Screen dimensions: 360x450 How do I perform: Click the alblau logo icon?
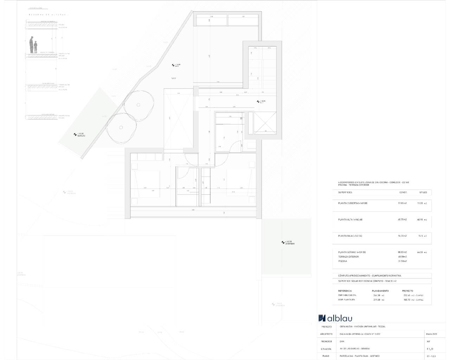click(x=322, y=318)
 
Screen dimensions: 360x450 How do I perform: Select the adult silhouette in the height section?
click(x=31, y=45)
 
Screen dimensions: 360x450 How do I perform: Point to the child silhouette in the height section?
click(x=36, y=47)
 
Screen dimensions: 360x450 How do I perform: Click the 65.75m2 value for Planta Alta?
click(x=402, y=219)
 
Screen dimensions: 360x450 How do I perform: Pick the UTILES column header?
click(x=423, y=192)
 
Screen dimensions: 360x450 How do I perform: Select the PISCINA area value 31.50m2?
click(x=402, y=261)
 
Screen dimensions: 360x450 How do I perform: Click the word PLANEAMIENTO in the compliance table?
click(x=380, y=291)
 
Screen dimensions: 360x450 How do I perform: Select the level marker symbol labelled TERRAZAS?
click(x=75, y=134)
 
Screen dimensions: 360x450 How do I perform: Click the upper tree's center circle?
click(x=139, y=104)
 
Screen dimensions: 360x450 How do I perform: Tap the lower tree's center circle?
click(x=121, y=127)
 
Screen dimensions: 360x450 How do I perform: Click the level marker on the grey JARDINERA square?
click(x=283, y=242)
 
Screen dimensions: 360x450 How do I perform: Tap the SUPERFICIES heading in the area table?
click(x=345, y=192)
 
